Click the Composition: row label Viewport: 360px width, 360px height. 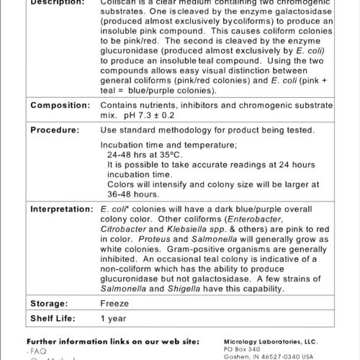click(59, 106)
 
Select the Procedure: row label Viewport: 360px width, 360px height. click(54, 130)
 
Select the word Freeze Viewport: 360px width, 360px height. click(114, 304)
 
